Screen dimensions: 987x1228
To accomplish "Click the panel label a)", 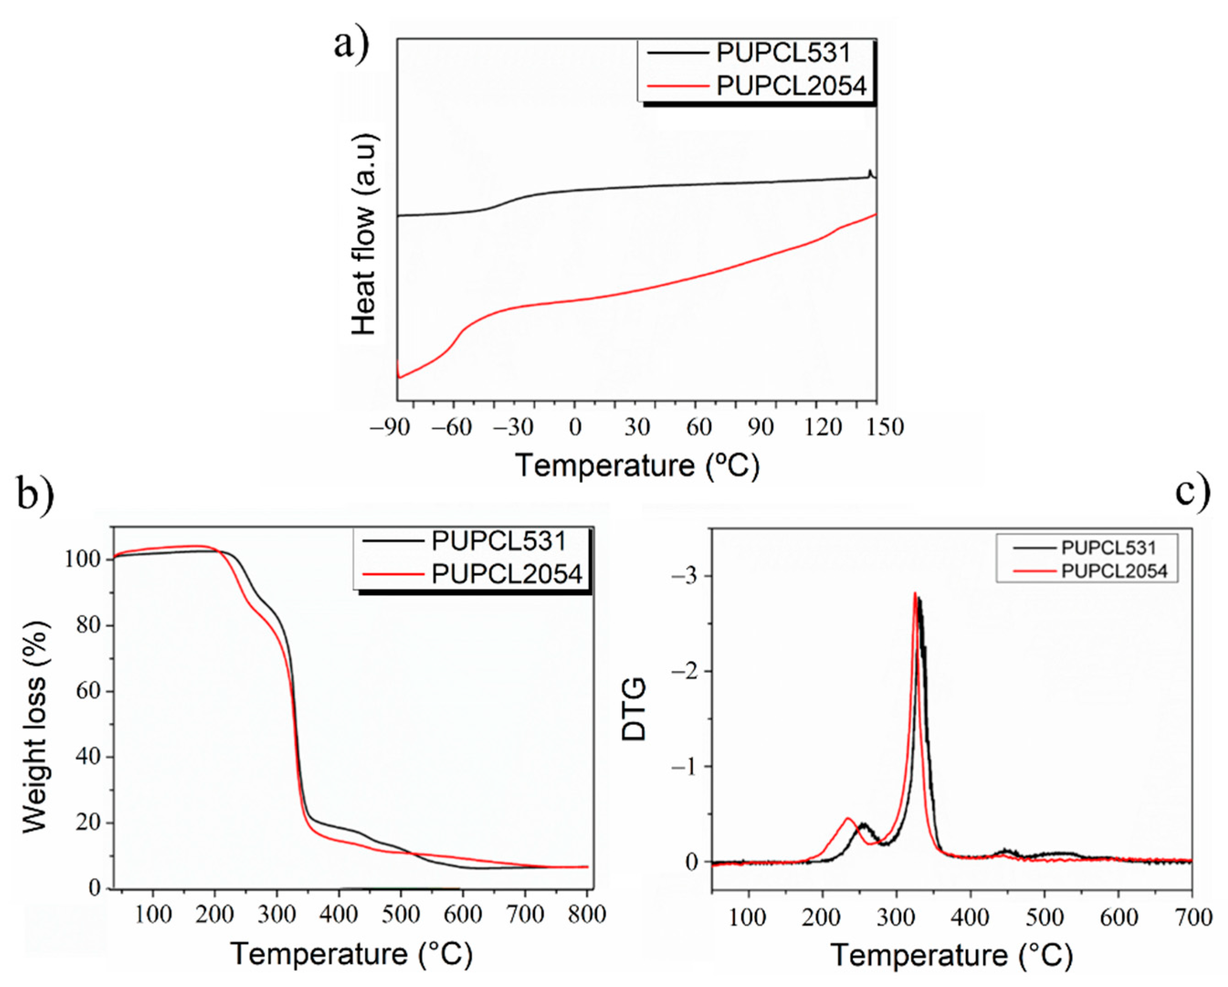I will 352,44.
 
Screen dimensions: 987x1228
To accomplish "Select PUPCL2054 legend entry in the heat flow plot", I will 791,86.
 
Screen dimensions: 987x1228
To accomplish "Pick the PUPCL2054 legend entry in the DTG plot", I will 1113,571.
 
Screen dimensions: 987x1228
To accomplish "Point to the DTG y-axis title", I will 634,709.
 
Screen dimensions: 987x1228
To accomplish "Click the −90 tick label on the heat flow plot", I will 390,427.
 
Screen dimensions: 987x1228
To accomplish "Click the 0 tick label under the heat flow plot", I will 575,427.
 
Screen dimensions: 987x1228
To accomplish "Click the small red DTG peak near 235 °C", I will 848,819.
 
